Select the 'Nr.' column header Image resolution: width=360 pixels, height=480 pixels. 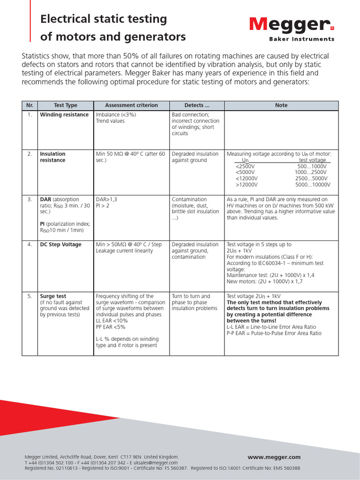(x=30, y=105)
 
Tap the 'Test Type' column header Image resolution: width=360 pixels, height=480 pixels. (x=66, y=105)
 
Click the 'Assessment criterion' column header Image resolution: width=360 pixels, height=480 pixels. (x=131, y=105)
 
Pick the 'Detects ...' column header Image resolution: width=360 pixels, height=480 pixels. (x=197, y=105)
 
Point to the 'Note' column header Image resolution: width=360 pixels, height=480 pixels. (x=281, y=105)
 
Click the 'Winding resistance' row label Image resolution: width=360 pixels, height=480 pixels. (x=64, y=115)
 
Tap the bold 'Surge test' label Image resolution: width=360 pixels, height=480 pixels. (x=53, y=296)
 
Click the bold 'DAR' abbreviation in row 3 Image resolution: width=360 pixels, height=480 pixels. (x=45, y=199)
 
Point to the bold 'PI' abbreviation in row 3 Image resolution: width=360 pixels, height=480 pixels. (x=43, y=224)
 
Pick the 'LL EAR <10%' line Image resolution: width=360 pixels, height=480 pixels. (x=112, y=321)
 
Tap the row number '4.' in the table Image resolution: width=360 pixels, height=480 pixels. (x=30, y=245)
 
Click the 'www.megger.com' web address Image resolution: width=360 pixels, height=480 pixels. (x=274, y=457)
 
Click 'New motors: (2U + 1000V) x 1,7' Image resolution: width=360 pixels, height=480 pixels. (x=265, y=282)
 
